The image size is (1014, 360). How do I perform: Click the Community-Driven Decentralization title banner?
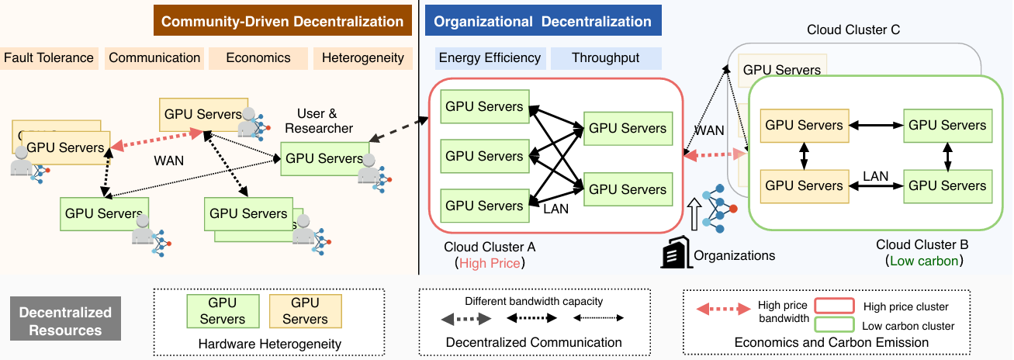point(282,21)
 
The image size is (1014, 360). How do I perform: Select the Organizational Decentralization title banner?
point(543,21)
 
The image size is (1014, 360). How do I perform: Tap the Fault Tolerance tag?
point(49,57)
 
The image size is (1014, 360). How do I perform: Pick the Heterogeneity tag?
point(362,57)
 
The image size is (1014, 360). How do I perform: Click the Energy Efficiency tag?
point(490,57)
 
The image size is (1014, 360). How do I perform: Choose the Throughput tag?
point(605,57)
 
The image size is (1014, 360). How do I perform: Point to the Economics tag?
point(258,57)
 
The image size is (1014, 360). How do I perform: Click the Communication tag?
point(154,57)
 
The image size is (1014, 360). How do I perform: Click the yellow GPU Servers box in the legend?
point(305,310)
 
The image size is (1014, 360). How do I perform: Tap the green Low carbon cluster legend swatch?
point(833,324)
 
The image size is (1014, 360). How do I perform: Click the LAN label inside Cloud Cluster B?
point(875,177)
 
